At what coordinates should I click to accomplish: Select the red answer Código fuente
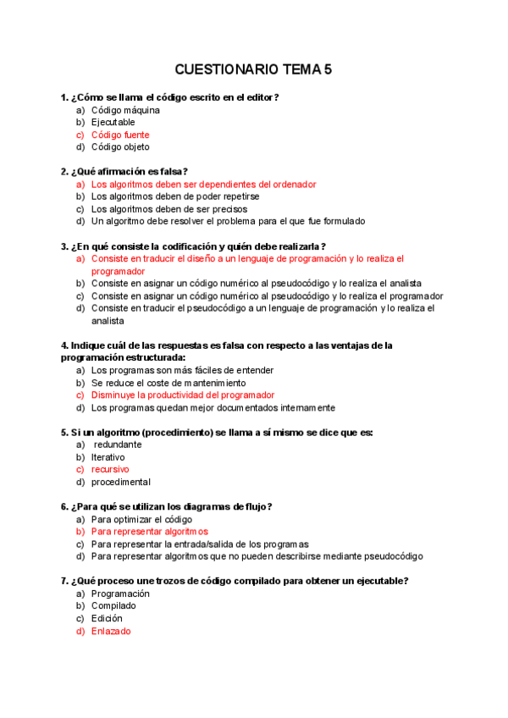click(120, 135)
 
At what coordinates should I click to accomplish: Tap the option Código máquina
click(125, 110)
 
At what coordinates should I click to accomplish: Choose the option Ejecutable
click(113, 122)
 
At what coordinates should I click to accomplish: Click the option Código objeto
click(120, 146)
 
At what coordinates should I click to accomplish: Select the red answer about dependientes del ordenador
click(203, 184)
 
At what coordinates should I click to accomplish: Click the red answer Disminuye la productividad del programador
click(183, 395)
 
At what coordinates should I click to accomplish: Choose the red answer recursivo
click(110, 469)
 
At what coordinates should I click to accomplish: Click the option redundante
click(118, 445)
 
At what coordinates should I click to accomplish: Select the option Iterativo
click(108, 456)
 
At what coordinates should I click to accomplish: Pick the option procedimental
click(121, 482)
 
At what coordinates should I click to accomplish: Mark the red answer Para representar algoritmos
click(149, 532)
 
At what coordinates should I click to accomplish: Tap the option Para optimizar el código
click(141, 519)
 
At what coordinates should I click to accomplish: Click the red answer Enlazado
click(111, 631)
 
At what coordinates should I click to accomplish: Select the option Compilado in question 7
click(113, 606)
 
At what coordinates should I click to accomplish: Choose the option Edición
click(107, 618)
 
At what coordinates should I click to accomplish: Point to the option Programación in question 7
click(120, 594)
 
